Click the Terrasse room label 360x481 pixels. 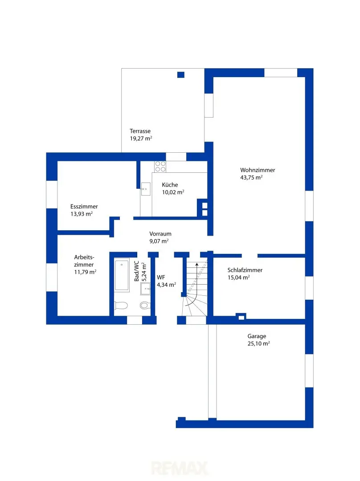[140, 131]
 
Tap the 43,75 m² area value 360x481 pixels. [251, 177]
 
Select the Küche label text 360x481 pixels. [170, 185]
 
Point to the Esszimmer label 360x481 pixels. [84, 207]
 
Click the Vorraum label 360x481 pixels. [160, 234]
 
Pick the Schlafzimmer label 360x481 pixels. [245, 270]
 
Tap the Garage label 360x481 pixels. [257, 336]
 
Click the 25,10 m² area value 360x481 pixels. [259, 343]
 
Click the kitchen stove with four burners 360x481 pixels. [160, 167]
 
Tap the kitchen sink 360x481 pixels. [146, 189]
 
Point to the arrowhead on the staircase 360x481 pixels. [197, 264]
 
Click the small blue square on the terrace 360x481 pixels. [181, 75]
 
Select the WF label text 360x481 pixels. [161, 277]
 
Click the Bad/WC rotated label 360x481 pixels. [137, 271]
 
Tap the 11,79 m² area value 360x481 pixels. [85, 272]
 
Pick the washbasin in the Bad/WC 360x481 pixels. [146, 289]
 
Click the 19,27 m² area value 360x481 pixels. [141, 139]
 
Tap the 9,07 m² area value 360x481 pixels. [159, 241]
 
